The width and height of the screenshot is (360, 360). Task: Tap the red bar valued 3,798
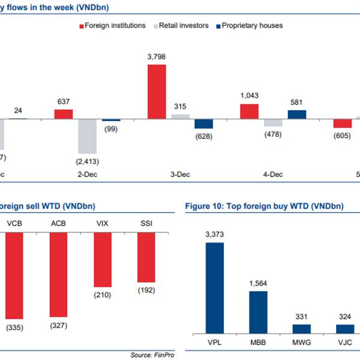157,91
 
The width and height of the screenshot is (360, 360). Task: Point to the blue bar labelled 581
296,114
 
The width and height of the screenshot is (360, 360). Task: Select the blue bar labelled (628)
203,124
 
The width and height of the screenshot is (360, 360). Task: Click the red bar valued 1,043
250,111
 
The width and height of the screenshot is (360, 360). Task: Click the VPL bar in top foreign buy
215,288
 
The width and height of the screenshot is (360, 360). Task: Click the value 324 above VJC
344,317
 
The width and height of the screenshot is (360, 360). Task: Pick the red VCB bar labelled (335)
14,275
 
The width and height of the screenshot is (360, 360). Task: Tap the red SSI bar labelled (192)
146,257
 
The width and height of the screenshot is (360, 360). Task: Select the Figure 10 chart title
265,206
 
